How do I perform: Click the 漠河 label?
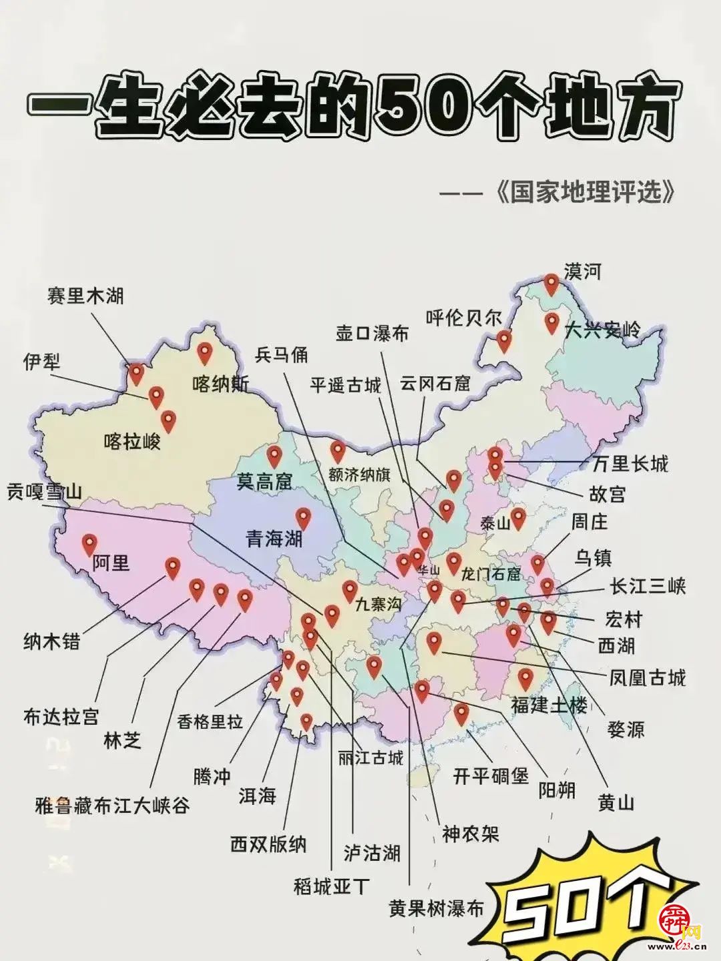582,272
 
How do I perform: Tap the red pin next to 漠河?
551,284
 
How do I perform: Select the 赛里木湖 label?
85,295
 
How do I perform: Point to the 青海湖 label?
274,539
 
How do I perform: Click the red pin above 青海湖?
304,518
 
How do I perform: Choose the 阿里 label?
111,563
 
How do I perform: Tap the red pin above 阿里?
89,545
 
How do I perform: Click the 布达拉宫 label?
61,717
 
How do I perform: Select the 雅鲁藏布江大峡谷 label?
112,806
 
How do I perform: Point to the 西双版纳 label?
268,844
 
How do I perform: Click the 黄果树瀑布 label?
437,909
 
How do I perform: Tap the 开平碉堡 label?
491,776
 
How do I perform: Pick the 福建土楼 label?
549,705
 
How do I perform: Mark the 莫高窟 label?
264,481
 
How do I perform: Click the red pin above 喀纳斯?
204,352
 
